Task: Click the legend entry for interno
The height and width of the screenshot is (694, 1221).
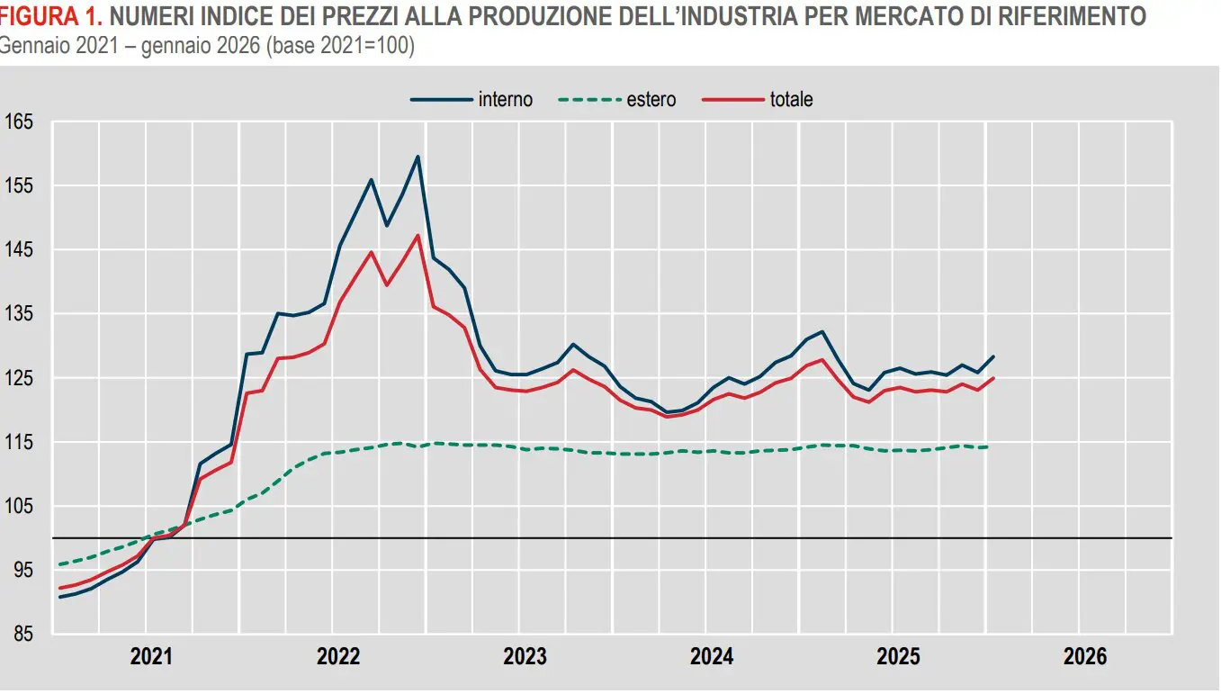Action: coord(505,100)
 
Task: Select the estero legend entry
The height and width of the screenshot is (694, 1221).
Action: coord(651,100)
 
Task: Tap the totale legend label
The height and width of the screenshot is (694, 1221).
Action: coord(791,100)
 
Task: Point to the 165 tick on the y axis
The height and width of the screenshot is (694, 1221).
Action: coord(19,122)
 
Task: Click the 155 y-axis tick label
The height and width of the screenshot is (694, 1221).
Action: coord(19,185)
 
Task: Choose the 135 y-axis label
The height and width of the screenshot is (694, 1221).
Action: coord(19,314)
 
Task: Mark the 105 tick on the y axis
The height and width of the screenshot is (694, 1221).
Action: coord(19,507)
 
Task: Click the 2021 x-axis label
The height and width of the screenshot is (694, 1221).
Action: coord(151,657)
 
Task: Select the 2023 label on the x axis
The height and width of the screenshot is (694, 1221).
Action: coord(525,657)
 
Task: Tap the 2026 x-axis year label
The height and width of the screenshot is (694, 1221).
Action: coord(1085,657)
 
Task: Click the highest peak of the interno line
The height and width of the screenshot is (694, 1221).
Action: coord(417,157)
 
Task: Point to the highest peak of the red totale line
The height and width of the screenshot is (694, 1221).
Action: coord(417,235)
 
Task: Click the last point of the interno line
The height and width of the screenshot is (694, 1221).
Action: coord(993,356)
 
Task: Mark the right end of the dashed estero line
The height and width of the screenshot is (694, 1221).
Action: coord(988,446)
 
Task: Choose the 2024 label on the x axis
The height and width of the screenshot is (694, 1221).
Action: coord(712,657)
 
